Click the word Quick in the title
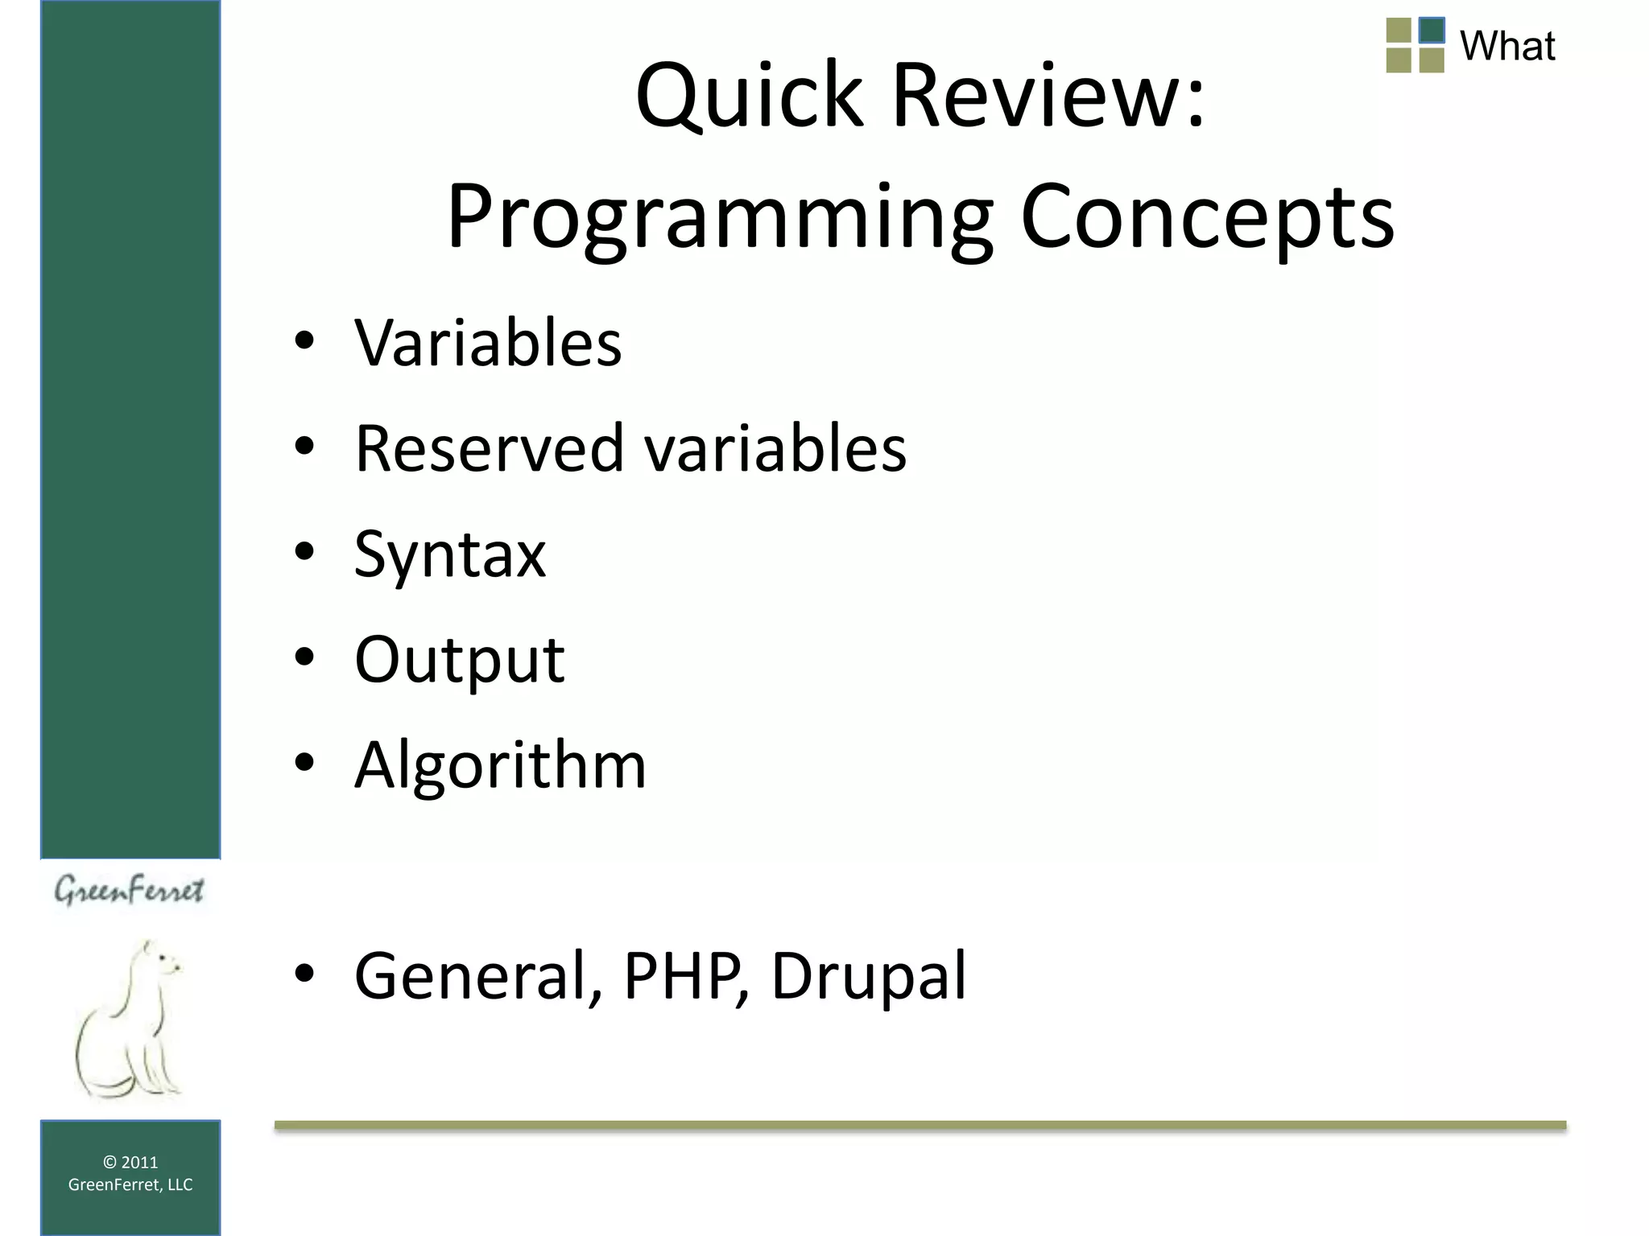750,97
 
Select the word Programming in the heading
721,217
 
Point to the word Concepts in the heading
1207,217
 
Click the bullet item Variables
488,343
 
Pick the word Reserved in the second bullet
490,448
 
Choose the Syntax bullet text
450,555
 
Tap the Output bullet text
459,660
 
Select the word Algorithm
500,764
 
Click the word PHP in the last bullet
684,975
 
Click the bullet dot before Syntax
304,552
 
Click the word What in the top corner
1506,46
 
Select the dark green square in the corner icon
1432,31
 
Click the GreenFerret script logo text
129,890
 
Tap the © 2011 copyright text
130,1162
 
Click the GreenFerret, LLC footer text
130,1184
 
